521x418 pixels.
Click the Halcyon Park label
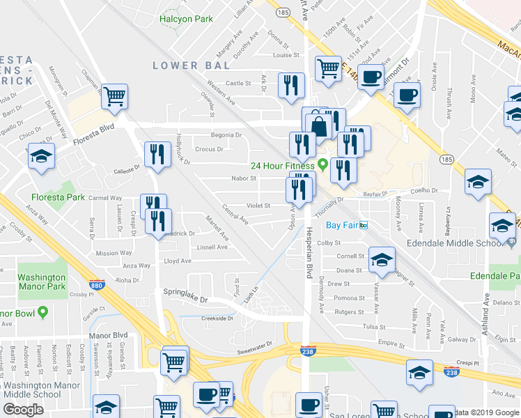coord(186,19)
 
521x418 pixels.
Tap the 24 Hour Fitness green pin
coord(322,165)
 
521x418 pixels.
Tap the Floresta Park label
coord(67,197)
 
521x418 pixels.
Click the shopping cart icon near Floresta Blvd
coord(115,95)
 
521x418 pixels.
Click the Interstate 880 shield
coord(96,285)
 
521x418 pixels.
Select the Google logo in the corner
coord(24,410)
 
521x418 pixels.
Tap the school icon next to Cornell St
coord(381,259)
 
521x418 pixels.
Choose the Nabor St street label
coord(244,178)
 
